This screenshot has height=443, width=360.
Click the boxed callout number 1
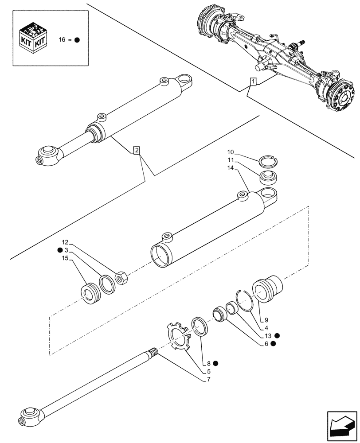point(253,82)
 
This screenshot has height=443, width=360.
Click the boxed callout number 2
point(137,151)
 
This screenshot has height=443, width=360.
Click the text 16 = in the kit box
point(65,39)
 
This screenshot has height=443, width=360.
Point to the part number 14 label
point(230,168)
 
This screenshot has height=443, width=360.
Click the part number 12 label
point(65,242)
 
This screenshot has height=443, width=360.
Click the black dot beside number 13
point(277,335)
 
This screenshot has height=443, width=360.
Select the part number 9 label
point(266,320)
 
